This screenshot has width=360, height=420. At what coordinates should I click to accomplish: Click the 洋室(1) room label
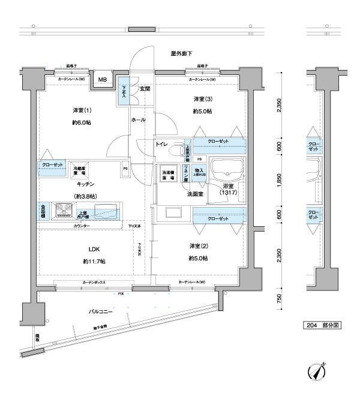tap(82, 110)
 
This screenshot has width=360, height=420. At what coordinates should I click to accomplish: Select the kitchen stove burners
tap(63, 210)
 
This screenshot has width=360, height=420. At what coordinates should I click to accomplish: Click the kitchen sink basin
tap(107, 210)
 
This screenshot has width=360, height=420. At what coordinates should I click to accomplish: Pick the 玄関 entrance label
tap(145, 89)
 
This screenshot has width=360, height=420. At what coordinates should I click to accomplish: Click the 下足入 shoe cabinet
tap(124, 92)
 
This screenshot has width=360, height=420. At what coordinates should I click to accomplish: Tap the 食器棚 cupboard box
tap(44, 211)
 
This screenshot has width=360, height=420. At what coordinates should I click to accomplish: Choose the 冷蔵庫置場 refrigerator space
tap(79, 170)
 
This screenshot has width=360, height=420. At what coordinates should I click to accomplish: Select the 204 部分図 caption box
tap(323, 325)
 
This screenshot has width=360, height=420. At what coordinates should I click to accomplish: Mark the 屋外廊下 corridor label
tap(182, 54)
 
